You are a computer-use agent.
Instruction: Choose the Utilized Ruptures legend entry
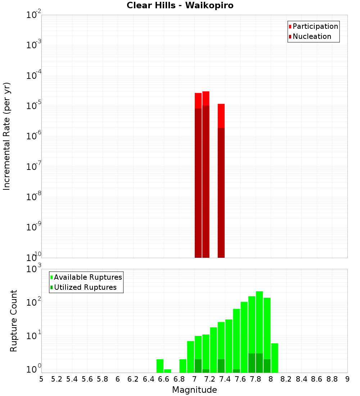pos(85,287)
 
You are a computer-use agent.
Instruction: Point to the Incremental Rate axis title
pos(7,136)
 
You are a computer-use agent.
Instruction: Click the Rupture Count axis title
pos(14,320)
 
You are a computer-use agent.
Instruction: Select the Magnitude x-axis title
pos(194,390)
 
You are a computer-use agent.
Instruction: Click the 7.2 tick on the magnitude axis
pos(210,379)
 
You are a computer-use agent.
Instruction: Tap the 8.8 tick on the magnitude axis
pos(332,379)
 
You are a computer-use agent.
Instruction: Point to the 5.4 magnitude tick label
pos(72,379)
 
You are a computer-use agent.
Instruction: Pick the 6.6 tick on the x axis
pos(164,379)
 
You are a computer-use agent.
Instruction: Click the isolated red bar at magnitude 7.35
pos(221,180)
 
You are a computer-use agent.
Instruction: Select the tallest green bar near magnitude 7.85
pos(259,324)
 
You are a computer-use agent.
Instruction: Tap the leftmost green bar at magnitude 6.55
pos(160,366)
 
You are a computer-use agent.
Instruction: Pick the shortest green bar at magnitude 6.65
pos(167,371)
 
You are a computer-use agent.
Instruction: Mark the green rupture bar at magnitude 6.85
pos(183,366)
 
